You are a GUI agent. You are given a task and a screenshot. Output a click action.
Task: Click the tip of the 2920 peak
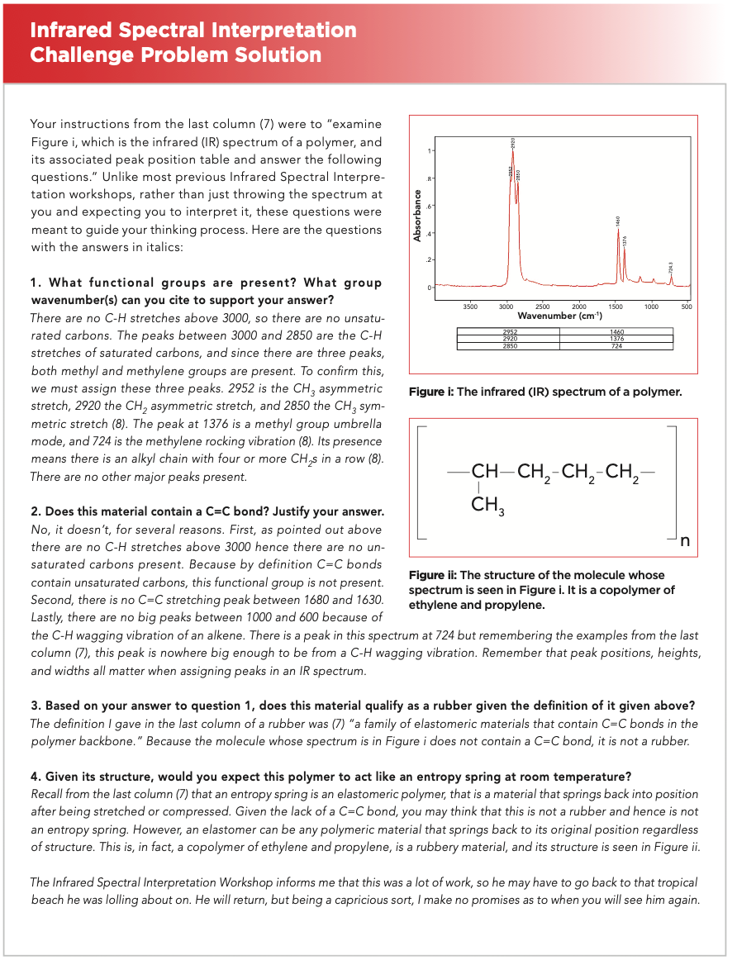click(x=513, y=151)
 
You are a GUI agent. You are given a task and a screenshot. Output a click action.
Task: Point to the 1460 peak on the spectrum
click(x=618, y=231)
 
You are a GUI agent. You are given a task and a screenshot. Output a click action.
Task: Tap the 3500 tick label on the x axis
click(x=470, y=307)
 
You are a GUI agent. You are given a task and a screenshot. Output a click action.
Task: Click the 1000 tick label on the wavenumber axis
click(x=651, y=307)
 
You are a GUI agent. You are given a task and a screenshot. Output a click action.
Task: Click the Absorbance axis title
click(x=418, y=216)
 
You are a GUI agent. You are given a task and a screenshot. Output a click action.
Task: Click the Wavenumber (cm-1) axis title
click(x=559, y=316)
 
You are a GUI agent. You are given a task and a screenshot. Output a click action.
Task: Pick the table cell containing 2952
click(x=510, y=333)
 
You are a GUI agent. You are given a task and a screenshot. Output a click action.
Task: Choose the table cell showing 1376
click(x=616, y=339)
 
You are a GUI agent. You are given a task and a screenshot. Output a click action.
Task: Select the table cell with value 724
click(x=616, y=345)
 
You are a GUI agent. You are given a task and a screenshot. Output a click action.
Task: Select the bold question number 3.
click(x=35, y=706)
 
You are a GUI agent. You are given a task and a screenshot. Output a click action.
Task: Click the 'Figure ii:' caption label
click(x=432, y=575)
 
